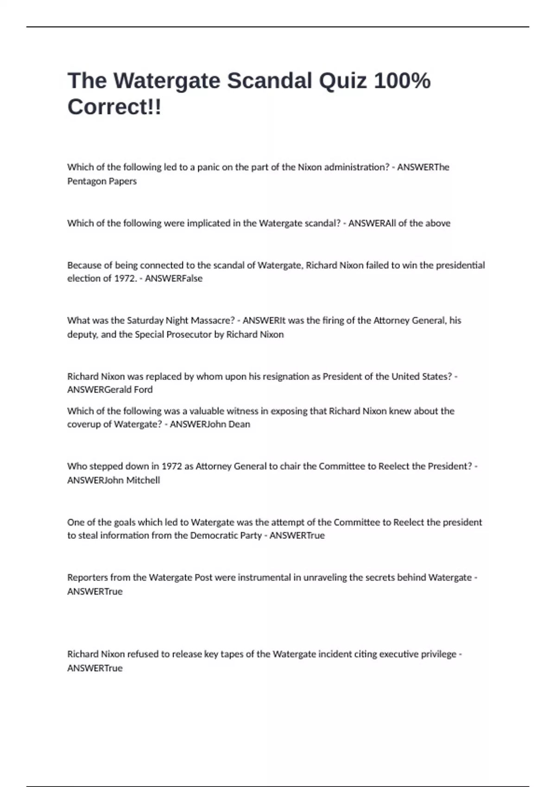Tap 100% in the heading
pyautogui.click(x=402, y=81)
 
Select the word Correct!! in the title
pyautogui.click(x=114, y=107)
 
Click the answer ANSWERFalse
pyautogui.click(x=174, y=279)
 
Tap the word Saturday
pyautogui.click(x=145, y=320)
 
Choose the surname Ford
pyautogui.click(x=143, y=390)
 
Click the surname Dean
pyautogui.click(x=239, y=425)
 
